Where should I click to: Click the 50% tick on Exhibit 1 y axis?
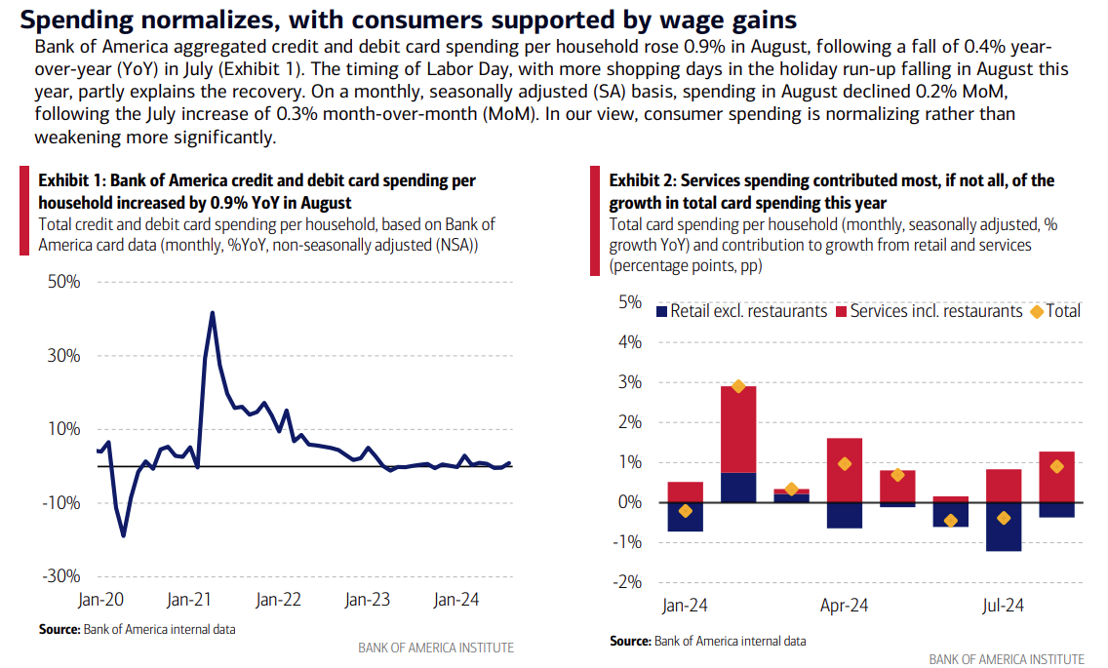point(63,282)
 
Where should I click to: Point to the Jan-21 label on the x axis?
point(190,600)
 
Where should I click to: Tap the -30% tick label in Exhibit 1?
point(61,576)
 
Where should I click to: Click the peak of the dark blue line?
point(212,313)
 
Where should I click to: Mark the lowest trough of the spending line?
point(123,535)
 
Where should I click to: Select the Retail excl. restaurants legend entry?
point(741,311)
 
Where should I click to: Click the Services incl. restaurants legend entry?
point(928,311)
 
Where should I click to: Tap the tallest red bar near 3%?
point(738,429)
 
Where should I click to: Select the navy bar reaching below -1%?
point(1003,527)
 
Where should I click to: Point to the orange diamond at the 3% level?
point(738,386)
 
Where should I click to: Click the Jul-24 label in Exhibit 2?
point(1002,606)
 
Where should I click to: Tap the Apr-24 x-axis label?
point(845,606)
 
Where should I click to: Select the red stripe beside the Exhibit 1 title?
point(24,211)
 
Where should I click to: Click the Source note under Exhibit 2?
point(708,641)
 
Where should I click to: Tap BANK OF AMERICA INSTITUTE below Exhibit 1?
point(436,648)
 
